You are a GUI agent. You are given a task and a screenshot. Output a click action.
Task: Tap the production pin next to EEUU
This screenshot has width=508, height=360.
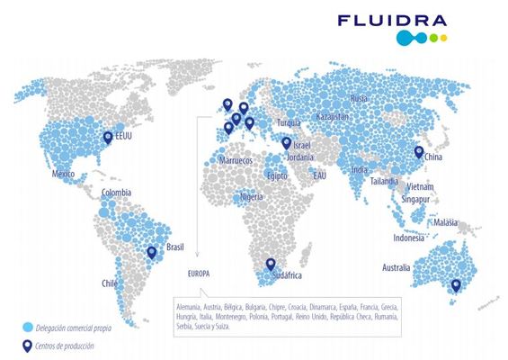tap(108, 138)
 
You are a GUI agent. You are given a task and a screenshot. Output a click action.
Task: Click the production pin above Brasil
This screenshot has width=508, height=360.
tap(151, 253)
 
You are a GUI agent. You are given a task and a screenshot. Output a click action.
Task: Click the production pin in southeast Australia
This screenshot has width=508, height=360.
tap(455, 286)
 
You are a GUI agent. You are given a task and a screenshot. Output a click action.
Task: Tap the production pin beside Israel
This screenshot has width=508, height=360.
tap(286, 142)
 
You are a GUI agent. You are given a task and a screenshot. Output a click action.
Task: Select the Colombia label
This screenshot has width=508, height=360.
tap(116, 193)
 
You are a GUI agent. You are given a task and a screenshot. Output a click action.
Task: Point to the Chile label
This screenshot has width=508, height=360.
tap(109, 283)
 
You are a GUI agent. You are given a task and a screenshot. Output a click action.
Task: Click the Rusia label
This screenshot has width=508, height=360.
tap(359, 98)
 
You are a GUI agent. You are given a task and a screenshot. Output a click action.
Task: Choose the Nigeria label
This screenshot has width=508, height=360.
tap(252, 197)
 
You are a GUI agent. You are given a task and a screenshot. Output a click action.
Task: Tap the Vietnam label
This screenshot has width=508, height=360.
tap(419, 186)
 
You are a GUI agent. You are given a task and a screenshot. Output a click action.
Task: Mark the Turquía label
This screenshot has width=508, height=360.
tap(290, 122)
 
